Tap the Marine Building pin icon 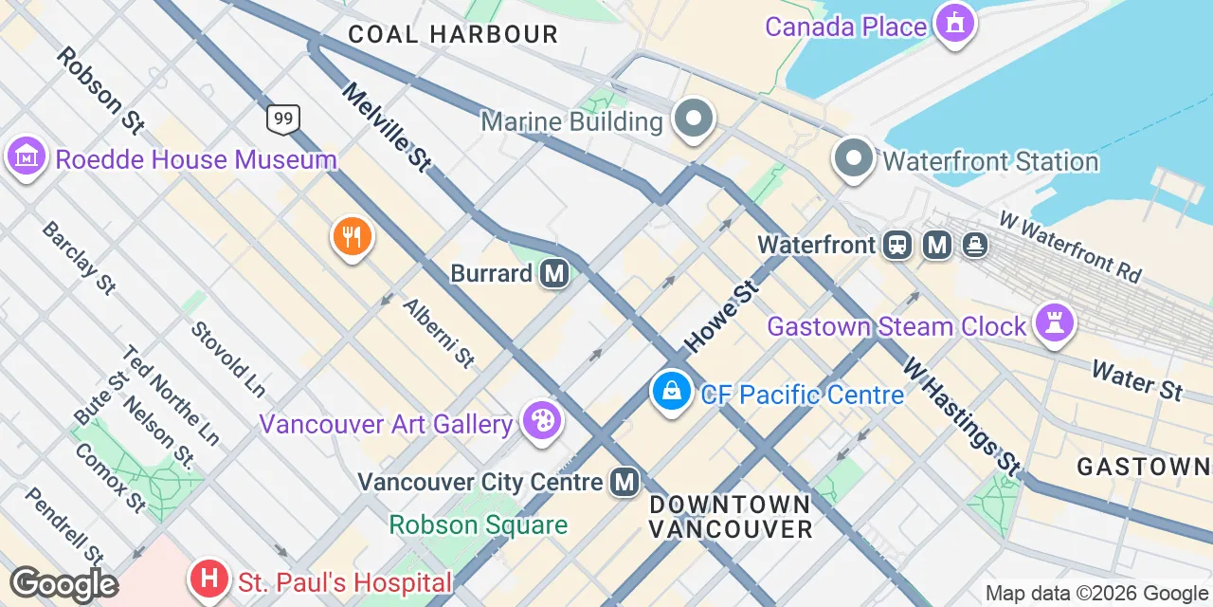coord(694,120)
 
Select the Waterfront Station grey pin coord(854,158)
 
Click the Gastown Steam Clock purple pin coord(1053,322)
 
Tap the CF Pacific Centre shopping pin coord(671,391)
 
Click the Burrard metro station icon coord(554,274)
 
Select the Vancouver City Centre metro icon coord(625,482)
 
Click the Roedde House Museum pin coord(26,156)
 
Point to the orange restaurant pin coord(352,236)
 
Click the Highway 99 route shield coord(283,119)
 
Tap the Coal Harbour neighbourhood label coord(453,35)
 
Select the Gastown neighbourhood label coord(1144,467)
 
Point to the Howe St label coord(724,316)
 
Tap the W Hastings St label coord(961,415)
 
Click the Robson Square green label coord(479,524)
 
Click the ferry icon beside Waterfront coord(975,246)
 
